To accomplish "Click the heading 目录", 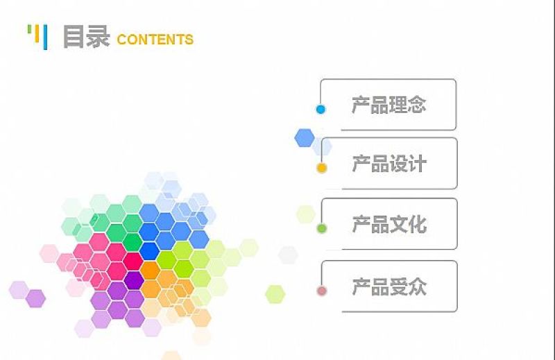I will (86, 37).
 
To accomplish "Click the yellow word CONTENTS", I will (155, 40).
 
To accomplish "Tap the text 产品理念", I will (388, 105).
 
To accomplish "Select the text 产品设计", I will (388, 164).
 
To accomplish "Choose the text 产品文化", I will (388, 225).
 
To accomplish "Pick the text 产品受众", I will (388, 286).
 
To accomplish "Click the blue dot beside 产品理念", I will (321, 110).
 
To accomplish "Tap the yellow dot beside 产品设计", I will (321, 168).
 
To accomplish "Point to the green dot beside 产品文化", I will (321, 228).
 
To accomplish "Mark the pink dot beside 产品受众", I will (321, 291).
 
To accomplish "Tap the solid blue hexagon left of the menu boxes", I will (304, 137).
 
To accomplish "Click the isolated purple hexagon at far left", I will (35, 298).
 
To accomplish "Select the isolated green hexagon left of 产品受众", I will (275, 294).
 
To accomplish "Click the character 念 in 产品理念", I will (416, 105).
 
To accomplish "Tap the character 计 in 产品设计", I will (417, 164).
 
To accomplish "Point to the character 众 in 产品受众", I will (417, 286).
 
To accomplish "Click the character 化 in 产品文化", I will (417, 225).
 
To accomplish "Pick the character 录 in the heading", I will (98, 37).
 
